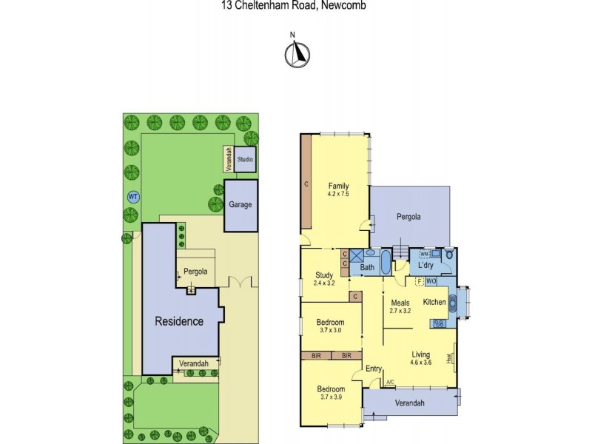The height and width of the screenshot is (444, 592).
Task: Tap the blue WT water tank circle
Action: pyautogui.click(x=133, y=196)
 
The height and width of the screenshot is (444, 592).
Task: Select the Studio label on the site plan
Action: pyautogui.click(x=245, y=159)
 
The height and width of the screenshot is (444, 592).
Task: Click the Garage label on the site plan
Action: pyautogui.click(x=238, y=205)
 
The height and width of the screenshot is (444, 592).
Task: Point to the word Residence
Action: pyautogui.click(x=178, y=321)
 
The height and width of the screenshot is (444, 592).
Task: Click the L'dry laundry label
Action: pyautogui.click(x=425, y=265)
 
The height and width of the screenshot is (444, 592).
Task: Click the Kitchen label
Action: pyautogui.click(x=434, y=302)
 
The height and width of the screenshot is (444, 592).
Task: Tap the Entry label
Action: pyautogui.click(x=373, y=369)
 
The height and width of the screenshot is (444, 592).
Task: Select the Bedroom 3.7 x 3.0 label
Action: pyautogui.click(x=330, y=326)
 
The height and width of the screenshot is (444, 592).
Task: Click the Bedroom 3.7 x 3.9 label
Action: pyautogui.click(x=330, y=393)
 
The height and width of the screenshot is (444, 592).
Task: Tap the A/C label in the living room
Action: pyautogui.click(x=390, y=382)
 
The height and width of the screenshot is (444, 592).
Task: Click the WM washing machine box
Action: pyautogui.click(x=414, y=253)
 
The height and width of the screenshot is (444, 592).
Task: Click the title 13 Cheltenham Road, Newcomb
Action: pyautogui.click(x=294, y=5)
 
